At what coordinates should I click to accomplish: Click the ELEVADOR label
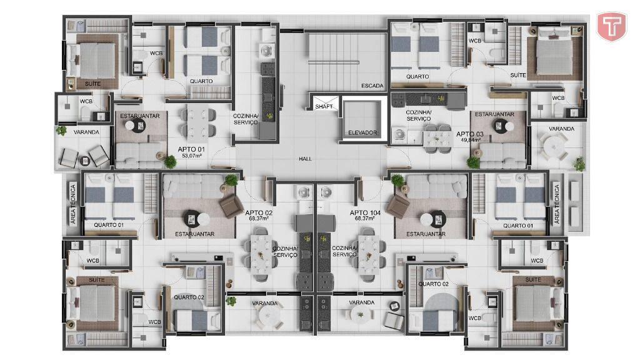[362, 132]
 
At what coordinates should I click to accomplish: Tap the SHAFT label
[324, 106]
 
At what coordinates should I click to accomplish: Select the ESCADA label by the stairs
[372, 86]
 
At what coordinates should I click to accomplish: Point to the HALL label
[305, 159]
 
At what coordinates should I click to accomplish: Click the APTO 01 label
[191, 149]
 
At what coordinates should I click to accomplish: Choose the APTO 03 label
[470, 134]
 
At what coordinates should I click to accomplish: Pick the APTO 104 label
[365, 212]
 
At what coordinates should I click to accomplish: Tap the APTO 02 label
[259, 212]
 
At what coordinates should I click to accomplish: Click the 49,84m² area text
[471, 140]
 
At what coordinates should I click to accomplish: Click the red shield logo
[611, 26]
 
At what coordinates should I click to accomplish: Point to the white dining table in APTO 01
[198, 121]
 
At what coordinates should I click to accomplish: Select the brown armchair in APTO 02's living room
[231, 205]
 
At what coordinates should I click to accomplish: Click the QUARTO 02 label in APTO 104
[434, 284]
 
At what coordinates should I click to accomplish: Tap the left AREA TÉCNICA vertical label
[73, 204]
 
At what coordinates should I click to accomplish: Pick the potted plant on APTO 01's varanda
[61, 131]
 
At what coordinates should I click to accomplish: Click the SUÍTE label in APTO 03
[518, 76]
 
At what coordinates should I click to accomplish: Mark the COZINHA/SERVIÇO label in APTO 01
[245, 119]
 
